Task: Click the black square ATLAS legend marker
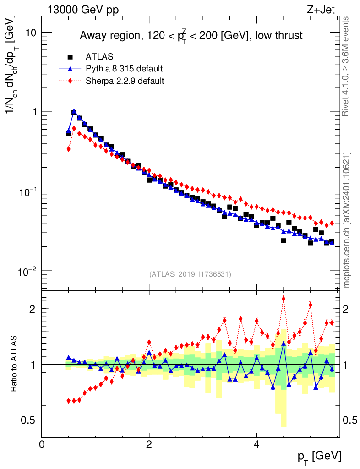(x=70, y=57)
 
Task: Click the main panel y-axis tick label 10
(x=31, y=33)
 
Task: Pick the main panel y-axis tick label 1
(x=34, y=112)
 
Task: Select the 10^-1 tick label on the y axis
(x=27, y=191)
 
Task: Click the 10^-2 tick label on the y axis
(x=27, y=270)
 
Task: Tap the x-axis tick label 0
(x=42, y=444)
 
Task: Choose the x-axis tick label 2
(x=149, y=444)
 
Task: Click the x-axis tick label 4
(x=256, y=444)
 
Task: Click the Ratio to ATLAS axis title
(x=15, y=364)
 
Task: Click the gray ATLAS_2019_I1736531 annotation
(x=190, y=274)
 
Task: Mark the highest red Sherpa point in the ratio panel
(x=284, y=299)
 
